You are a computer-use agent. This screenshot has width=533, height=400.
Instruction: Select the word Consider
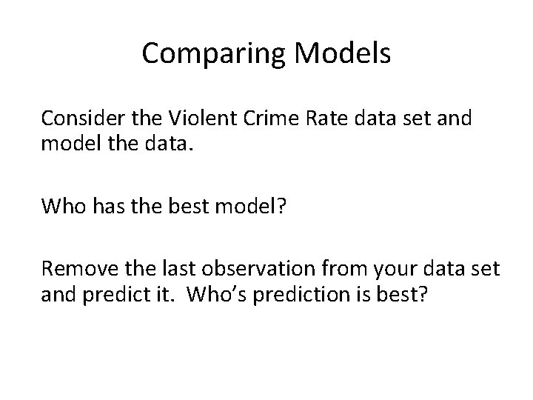coord(78,118)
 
